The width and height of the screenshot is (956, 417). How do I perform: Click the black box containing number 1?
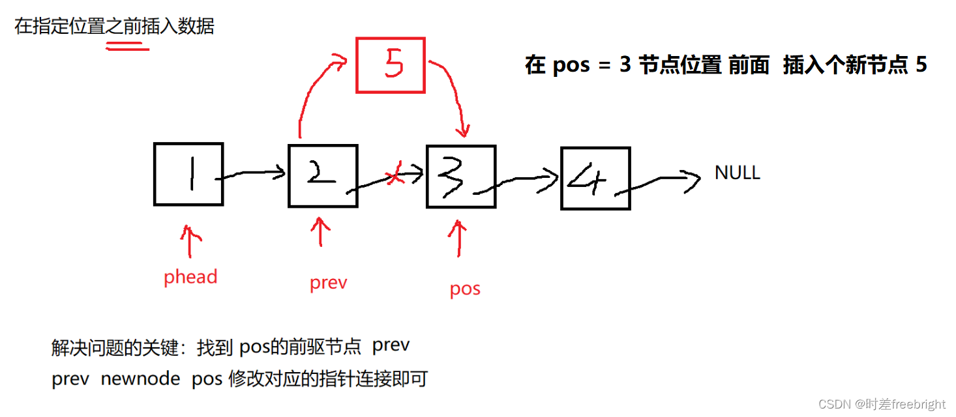(x=188, y=174)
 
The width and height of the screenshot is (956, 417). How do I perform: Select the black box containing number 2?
(x=323, y=176)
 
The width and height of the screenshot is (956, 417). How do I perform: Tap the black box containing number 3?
(x=461, y=177)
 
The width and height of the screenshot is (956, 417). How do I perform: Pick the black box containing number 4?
(x=595, y=179)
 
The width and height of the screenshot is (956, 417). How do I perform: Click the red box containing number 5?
(x=390, y=65)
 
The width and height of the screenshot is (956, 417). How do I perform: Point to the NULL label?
(x=738, y=173)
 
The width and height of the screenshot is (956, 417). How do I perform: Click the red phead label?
(x=190, y=277)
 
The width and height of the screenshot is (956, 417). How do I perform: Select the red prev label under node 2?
(x=328, y=283)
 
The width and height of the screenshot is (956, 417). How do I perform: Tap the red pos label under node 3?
(x=465, y=288)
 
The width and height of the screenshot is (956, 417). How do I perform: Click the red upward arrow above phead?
(x=190, y=242)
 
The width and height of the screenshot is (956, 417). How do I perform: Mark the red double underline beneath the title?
(x=128, y=45)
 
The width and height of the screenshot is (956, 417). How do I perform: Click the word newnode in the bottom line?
(x=140, y=379)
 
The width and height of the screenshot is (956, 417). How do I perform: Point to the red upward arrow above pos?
(x=460, y=238)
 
